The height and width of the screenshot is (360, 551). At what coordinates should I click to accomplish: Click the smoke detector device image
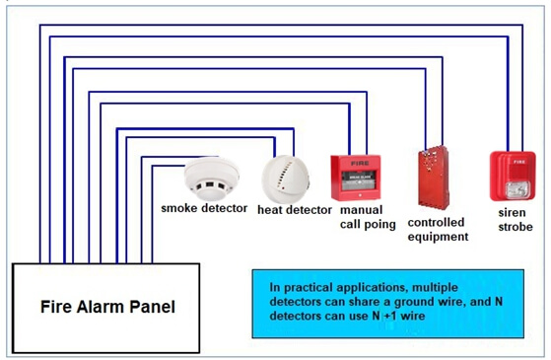tap(212, 179)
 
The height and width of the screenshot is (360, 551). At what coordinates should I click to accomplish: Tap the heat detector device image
tap(285, 180)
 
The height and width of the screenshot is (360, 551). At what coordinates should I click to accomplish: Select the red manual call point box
tap(356, 178)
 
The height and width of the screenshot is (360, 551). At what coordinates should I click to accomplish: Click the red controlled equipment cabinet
tap(434, 178)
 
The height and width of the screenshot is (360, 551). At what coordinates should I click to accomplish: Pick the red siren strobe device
tap(513, 177)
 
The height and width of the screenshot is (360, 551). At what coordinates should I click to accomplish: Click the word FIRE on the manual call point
tap(360, 163)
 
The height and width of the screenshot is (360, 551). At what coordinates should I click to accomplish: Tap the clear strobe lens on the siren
tap(517, 189)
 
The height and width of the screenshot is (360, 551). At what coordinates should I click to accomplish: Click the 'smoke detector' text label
tap(204, 208)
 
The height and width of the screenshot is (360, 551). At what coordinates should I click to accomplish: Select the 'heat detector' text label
tap(295, 210)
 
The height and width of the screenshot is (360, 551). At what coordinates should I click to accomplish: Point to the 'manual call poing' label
tap(368, 217)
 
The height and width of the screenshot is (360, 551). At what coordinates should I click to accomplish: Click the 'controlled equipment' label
tap(438, 230)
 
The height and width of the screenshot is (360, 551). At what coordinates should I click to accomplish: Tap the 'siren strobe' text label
tap(516, 220)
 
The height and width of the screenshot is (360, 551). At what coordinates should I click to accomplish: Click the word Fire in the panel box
tap(55, 306)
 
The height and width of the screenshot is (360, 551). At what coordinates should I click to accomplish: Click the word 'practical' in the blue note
tap(309, 288)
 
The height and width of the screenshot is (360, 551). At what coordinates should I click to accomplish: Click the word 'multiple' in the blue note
tap(435, 288)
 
